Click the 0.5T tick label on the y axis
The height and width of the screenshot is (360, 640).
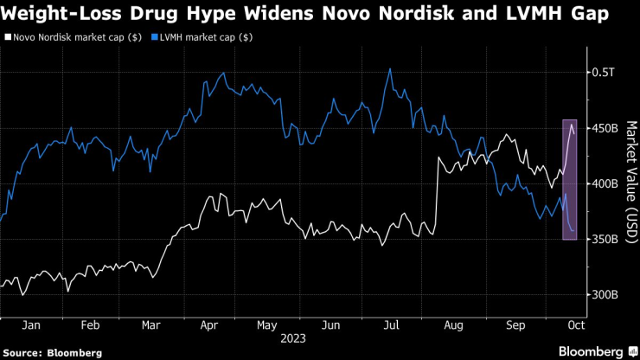(604, 73)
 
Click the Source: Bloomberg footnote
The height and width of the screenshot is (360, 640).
(53, 352)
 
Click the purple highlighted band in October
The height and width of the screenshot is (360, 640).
(570, 179)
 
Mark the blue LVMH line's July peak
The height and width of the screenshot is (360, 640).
(391, 69)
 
